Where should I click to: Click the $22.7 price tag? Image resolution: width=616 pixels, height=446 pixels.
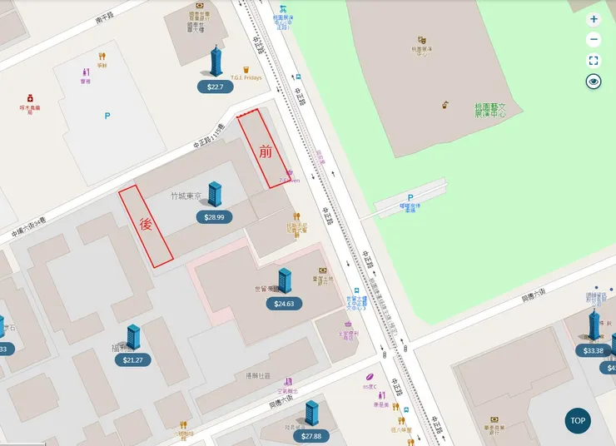coord(216,87)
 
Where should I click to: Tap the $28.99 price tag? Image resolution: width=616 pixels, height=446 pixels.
coord(215,217)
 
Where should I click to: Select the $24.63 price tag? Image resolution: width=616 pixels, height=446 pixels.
coord(285,304)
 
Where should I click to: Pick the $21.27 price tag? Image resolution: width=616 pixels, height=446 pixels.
coord(133,360)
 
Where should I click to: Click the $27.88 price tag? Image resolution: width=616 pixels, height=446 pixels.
coord(311,436)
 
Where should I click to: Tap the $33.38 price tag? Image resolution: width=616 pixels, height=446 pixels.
coord(594,350)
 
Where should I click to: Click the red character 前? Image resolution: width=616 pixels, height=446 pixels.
coord(266,151)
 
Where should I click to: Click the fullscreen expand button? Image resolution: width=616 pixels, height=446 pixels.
coord(594,61)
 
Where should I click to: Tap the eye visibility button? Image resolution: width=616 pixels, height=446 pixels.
coord(594,82)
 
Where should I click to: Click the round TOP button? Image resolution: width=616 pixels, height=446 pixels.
coord(578,420)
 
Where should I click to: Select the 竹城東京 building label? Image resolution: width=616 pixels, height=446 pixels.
coord(186,196)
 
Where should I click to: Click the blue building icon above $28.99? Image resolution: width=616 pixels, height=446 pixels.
coord(215,194)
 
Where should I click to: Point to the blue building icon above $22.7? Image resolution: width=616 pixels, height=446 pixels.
coord(216,62)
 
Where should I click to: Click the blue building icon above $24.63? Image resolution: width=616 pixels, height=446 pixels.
coord(285,280)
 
